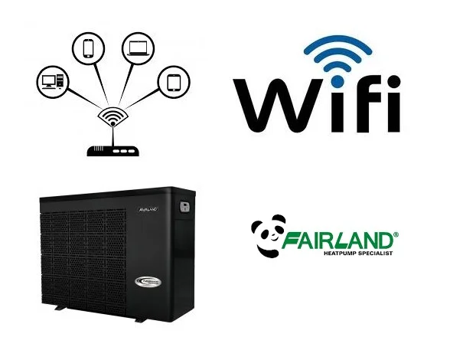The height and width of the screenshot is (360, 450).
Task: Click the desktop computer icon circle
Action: click(53, 81)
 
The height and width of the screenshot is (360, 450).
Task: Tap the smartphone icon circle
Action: click(89, 48)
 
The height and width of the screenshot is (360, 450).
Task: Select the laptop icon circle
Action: click(138, 48)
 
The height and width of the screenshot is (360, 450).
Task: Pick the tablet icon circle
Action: click(174, 82)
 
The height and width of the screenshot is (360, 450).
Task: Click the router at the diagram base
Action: click(113, 152)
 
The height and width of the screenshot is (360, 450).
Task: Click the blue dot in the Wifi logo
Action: click(337, 81)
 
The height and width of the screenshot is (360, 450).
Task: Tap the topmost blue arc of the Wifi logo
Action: click(337, 45)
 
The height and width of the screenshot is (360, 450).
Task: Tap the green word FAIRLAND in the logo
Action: click(337, 241)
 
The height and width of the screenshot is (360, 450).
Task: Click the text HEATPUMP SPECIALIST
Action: click(358, 254)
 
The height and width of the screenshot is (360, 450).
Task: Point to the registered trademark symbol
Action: click(396, 234)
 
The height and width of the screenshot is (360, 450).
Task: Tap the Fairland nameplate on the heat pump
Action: click(148, 209)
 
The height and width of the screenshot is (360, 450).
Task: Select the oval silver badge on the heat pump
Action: click(148, 282)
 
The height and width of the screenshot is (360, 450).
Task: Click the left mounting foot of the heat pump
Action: click(60, 308)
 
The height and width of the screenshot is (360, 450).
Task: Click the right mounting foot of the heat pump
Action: click(142, 319)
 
